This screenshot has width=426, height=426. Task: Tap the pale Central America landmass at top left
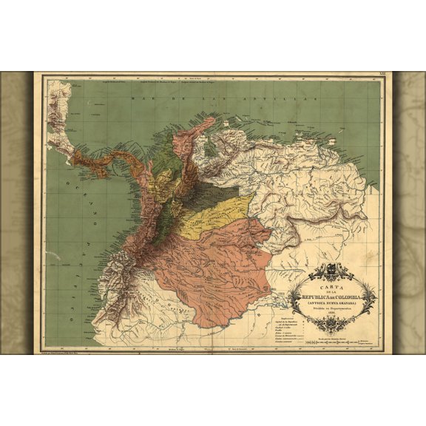(x=59, y=111)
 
